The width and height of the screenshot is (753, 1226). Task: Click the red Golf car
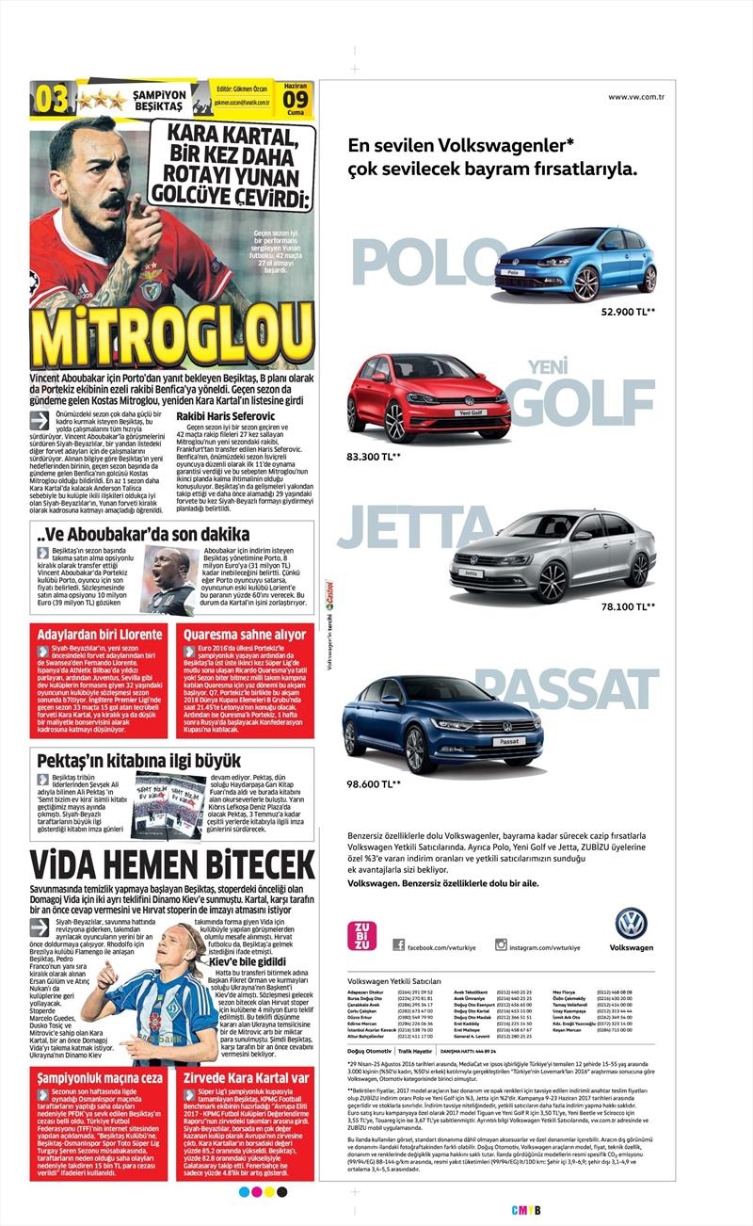click(415, 397)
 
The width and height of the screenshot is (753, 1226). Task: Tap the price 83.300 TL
click(374, 457)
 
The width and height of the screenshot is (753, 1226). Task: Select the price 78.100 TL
click(629, 606)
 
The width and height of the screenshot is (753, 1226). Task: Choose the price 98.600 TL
click(374, 783)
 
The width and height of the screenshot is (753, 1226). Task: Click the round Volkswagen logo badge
click(631, 923)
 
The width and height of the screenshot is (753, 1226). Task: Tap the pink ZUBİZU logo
click(360, 938)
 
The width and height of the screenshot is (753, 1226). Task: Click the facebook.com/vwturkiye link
click(438, 945)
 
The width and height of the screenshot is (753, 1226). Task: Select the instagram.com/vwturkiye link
click(545, 945)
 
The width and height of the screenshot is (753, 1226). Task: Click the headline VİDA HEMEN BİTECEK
click(171, 865)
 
